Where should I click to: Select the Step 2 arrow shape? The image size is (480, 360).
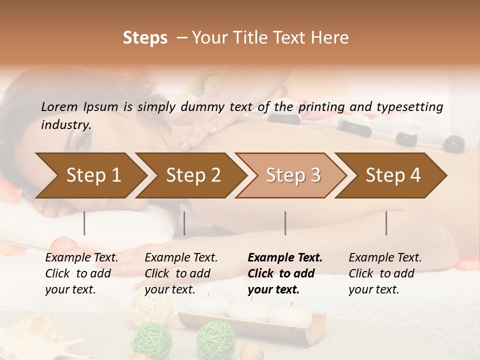192,175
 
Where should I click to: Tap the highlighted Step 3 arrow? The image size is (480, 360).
292,175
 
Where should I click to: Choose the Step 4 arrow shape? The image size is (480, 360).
392,175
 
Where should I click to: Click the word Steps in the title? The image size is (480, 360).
145,38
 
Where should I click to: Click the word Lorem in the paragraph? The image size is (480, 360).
59,106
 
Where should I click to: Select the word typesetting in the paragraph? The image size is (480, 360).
411,106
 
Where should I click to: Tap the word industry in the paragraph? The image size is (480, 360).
66,125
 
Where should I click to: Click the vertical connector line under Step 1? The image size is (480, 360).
84,223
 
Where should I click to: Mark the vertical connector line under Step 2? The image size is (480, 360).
184,223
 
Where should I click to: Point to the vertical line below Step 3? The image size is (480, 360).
285,223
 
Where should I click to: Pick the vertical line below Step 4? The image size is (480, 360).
386,223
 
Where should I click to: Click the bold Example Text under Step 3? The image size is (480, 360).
285,258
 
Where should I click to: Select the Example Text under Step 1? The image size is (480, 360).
81,258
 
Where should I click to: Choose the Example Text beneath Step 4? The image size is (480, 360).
385,258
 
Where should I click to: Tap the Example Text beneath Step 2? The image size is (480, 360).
181,258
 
